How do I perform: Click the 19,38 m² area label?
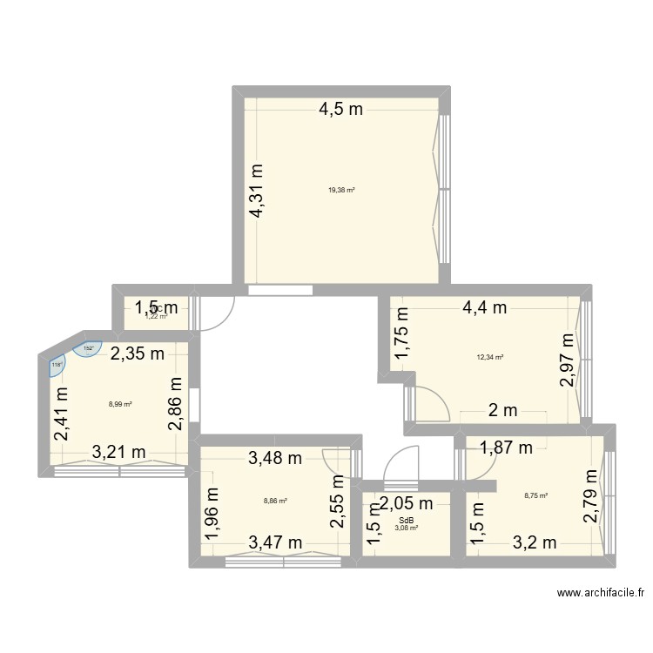click(341, 190)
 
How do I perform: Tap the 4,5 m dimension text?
click(340, 111)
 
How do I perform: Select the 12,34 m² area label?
click(490, 357)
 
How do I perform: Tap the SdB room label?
click(407, 520)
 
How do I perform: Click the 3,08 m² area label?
click(407, 528)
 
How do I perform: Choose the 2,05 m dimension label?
click(406, 502)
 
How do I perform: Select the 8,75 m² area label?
click(535, 496)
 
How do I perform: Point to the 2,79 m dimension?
click(592, 495)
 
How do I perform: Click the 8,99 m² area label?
click(120, 404)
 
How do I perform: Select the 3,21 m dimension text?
click(119, 452)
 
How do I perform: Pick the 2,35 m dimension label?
click(138, 353)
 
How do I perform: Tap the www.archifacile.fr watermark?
click(600, 593)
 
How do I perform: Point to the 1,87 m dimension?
click(508, 449)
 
